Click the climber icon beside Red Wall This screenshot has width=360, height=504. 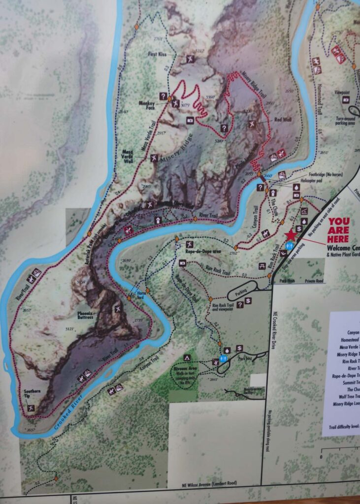[x=252, y=123]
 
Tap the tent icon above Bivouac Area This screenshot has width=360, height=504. [x=187, y=357]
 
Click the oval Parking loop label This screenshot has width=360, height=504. [x=241, y=291]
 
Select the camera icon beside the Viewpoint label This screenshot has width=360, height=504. [x=346, y=99]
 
